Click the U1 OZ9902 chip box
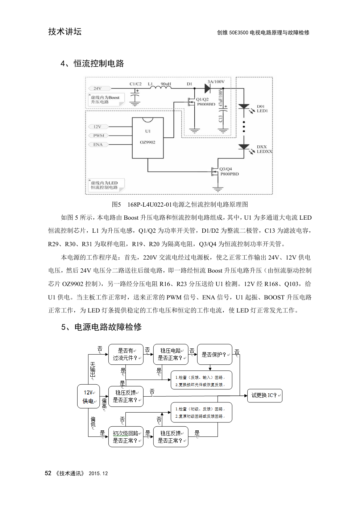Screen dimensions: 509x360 click(x=148, y=138)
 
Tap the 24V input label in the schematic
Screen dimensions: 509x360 click(x=97, y=88)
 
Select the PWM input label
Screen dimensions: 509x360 click(x=98, y=136)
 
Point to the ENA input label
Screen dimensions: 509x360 click(x=98, y=145)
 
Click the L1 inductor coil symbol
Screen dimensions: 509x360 click(x=160, y=87)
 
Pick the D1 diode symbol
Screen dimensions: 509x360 click(x=208, y=88)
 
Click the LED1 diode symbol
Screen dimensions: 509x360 click(x=244, y=106)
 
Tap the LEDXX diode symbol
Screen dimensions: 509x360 click(x=244, y=147)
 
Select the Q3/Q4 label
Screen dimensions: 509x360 click(x=225, y=169)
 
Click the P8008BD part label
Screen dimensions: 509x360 click(x=206, y=104)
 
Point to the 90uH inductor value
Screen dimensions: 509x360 click(x=166, y=84)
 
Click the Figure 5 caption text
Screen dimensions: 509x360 click(x=180, y=204)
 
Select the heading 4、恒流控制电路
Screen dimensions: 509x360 click(x=92, y=64)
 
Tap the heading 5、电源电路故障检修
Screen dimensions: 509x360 click(x=101, y=327)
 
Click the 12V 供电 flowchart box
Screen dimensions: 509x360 click(x=88, y=397)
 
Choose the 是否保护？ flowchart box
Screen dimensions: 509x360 click(x=215, y=355)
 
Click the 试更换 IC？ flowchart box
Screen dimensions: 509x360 click(x=265, y=396)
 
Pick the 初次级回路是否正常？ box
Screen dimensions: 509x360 click(x=126, y=437)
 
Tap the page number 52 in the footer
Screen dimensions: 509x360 click(x=48, y=473)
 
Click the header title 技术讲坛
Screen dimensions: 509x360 click(x=65, y=32)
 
